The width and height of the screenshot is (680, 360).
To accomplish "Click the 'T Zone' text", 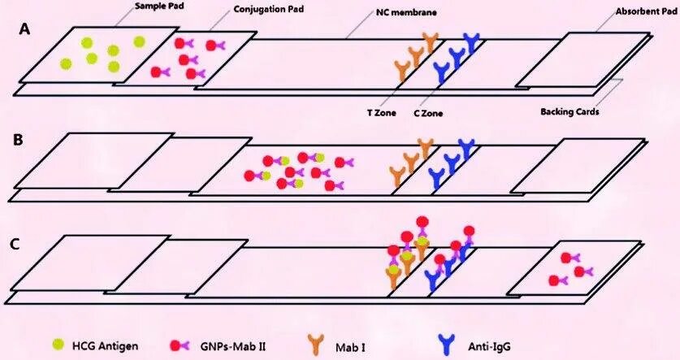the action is [x=381, y=113].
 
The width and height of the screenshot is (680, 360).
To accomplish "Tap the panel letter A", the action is [x=26, y=29].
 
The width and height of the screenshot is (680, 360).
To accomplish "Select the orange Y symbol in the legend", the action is [x=317, y=344].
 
